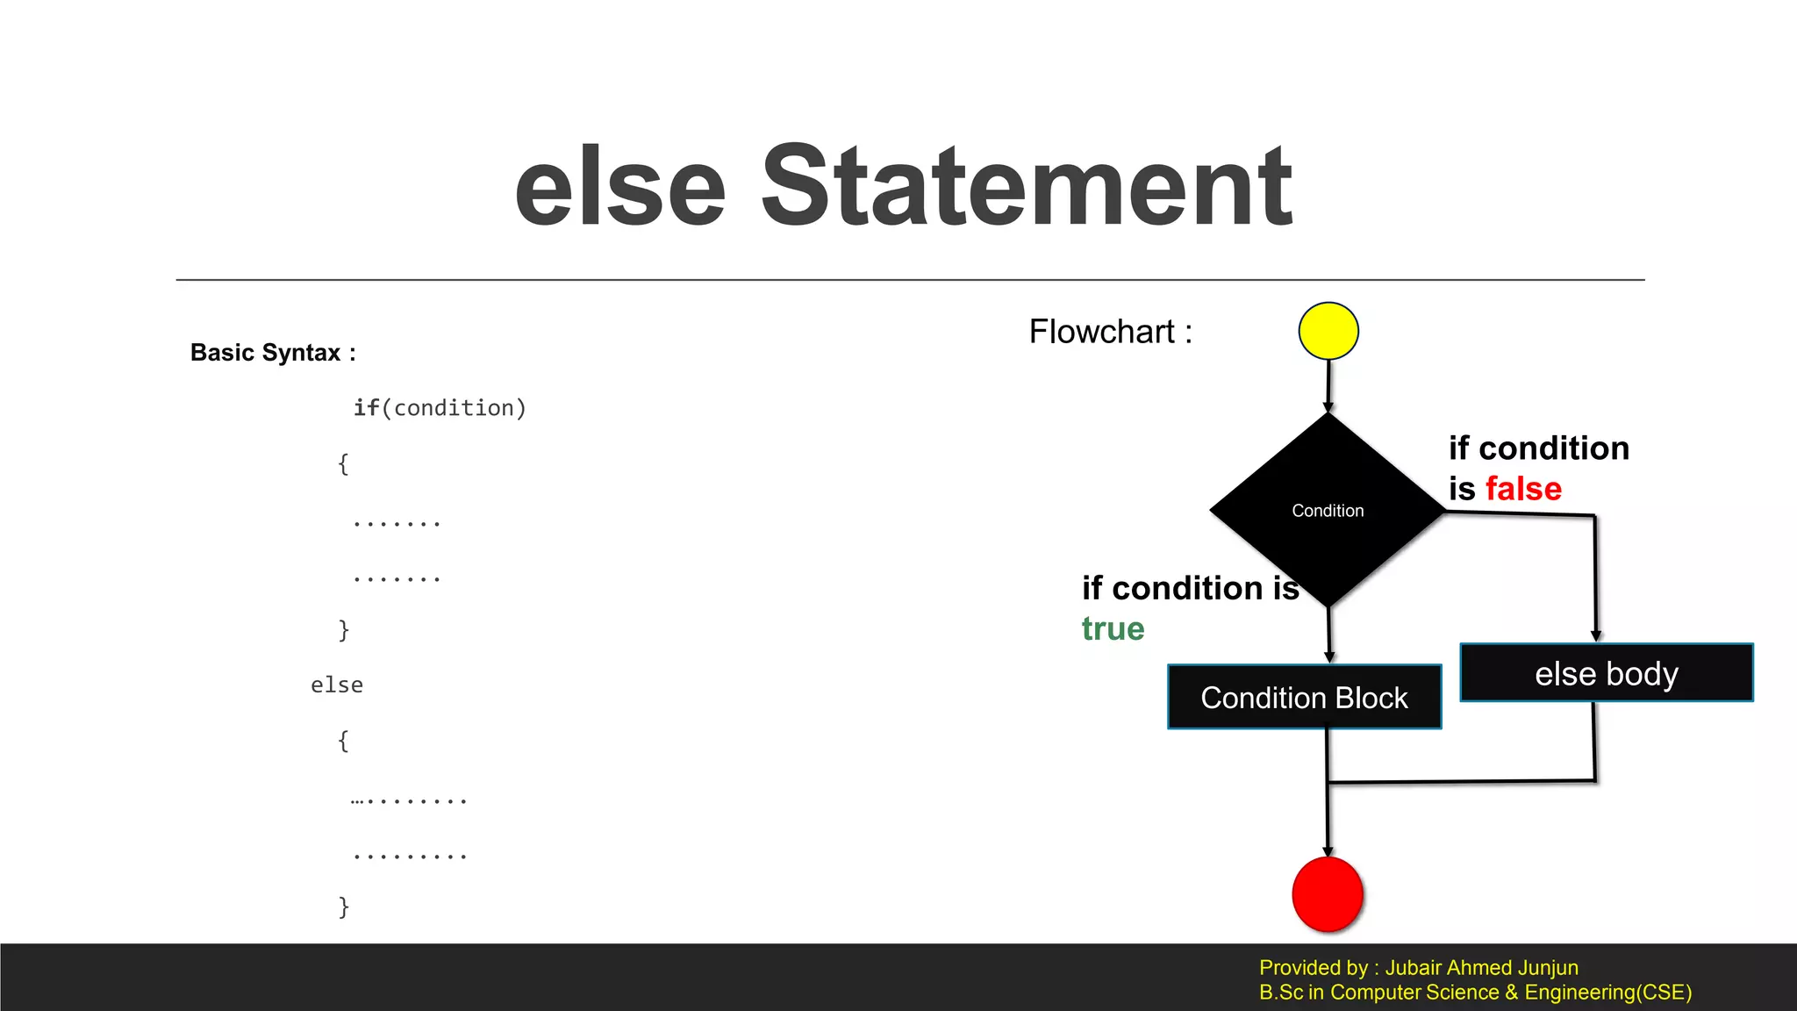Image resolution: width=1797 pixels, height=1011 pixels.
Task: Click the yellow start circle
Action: (1328, 331)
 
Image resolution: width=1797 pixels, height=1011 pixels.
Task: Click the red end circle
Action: (1328, 894)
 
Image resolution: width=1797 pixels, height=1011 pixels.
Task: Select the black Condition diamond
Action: (1328, 510)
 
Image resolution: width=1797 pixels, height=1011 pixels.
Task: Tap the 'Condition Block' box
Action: (1304, 698)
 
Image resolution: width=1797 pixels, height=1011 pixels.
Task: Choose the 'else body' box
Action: (1606, 673)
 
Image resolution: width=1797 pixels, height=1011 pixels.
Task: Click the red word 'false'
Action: (1523, 489)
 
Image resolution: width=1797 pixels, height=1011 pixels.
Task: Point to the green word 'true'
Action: (1113, 629)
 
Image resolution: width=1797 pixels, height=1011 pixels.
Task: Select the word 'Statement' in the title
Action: (1026, 186)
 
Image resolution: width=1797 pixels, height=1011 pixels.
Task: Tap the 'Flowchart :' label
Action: (1110, 332)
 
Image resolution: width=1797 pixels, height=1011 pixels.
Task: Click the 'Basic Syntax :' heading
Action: (273, 353)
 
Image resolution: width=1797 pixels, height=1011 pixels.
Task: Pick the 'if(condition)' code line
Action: (440, 408)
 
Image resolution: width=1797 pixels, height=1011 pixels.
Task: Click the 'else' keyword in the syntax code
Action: (337, 685)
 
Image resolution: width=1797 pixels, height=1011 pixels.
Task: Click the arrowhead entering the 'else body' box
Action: (1596, 636)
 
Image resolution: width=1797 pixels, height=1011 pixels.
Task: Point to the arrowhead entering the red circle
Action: (1328, 850)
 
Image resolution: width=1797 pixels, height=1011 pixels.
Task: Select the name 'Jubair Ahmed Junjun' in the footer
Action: (1481, 968)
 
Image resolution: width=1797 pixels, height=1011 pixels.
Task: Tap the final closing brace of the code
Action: (344, 907)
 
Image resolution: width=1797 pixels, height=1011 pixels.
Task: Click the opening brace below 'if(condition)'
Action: (344, 463)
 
